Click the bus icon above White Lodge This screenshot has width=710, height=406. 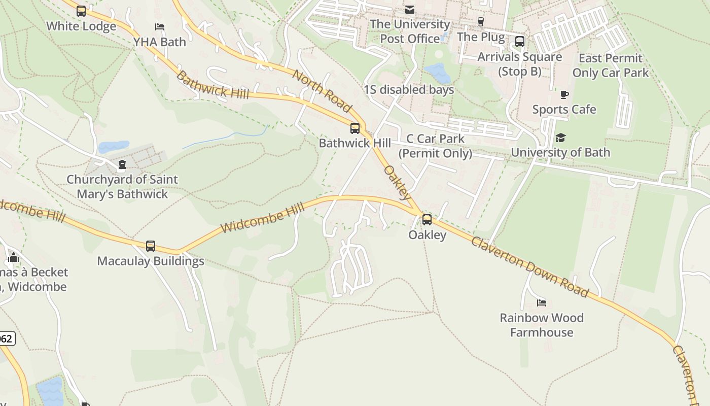pos(81,11)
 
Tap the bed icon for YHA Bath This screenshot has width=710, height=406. pos(160,26)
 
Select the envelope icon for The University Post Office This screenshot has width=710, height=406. pos(409,10)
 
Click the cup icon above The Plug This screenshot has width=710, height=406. pos(480,21)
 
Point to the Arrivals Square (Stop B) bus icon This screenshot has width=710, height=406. pos(520,42)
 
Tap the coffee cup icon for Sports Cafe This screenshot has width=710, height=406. pos(564,94)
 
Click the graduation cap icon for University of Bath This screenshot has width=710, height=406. pos(560,138)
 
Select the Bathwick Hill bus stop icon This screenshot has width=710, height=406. pos(355,128)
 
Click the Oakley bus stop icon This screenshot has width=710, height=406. pos(427,220)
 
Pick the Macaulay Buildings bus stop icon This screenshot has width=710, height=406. pos(151,246)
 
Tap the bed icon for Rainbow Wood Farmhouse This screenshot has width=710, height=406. pos(542,303)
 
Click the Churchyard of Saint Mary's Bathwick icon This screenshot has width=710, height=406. pos(122,164)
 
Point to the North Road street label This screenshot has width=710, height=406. pos(322,90)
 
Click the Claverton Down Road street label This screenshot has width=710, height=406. pos(529,266)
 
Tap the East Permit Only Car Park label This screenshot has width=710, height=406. pos(610,65)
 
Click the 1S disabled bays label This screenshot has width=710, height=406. pos(409,90)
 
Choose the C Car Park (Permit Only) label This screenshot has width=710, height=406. pos(435,146)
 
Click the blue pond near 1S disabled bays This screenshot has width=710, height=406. pos(437,73)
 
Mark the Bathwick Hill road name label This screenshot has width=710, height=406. pos(212,85)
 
